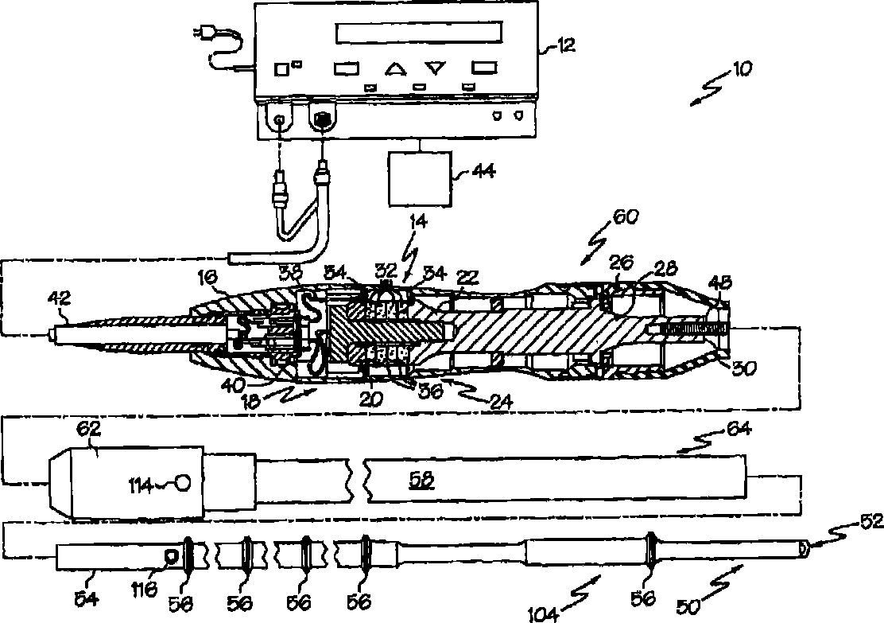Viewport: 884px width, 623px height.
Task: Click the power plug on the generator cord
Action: click(203, 33)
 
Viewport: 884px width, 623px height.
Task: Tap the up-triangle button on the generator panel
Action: click(396, 68)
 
